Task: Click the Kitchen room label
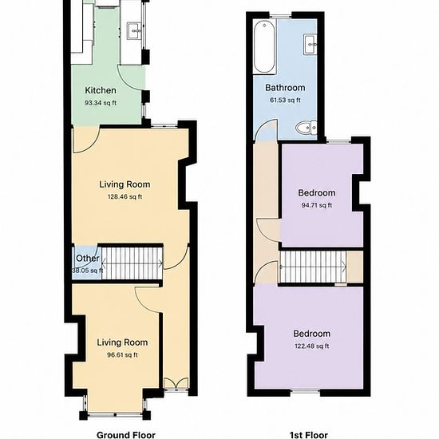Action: (101, 90)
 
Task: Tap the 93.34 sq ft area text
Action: (101, 103)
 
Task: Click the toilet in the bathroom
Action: (306, 128)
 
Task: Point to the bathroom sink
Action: (310, 45)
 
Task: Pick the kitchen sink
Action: (134, 31)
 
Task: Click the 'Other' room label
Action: (87, 258)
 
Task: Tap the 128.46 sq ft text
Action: (125, 197)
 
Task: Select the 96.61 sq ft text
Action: (122, 355)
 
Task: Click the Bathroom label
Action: (285, 88)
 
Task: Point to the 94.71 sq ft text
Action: (317, 205)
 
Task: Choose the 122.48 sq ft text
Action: (311, 346)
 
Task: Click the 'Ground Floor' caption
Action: (125, 435)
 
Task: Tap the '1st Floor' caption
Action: (309, 435)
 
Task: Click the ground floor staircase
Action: (132, 263)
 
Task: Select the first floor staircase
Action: (313, 267)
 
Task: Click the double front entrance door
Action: (176, 383)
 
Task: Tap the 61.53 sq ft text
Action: (285, 101)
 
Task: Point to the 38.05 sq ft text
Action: (87, 271)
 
